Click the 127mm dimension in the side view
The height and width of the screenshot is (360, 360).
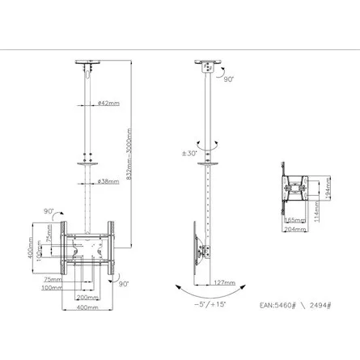coord(226,282)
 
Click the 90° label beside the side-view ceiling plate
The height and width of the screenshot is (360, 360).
coord(229,80)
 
